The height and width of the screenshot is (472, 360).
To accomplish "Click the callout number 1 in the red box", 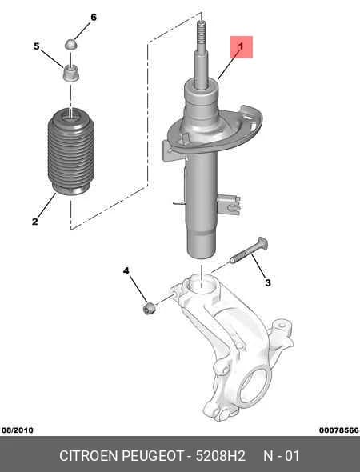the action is (x=241, y=46).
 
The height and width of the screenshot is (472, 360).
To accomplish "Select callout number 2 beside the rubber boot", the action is (x=35, y=222).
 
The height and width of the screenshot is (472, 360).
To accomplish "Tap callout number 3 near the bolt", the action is (x=267, y=282).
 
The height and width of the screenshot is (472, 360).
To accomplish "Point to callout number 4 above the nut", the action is (x=126, y=271).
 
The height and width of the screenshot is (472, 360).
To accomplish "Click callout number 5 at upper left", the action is (x=37, y=46).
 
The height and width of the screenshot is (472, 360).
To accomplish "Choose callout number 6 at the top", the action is (x=94, y=18).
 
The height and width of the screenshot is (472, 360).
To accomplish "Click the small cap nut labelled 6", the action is (x=71, y=45).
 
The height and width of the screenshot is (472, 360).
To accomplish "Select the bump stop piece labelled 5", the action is (x=71, y=73).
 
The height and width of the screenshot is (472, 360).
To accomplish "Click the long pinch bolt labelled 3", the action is (x=249, y=250).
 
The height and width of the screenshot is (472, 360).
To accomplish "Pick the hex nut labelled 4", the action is (x=149, y=308).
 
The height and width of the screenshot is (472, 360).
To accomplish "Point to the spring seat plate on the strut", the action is (x=214, y=131).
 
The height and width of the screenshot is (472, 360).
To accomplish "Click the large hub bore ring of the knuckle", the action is (x=254, y=386).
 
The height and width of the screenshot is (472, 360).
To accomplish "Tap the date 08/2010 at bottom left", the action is (x=17, y=430).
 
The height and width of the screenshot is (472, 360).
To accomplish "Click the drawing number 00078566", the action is (x=339, y=430).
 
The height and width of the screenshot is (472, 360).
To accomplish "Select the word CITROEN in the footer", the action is (x=89, y=456).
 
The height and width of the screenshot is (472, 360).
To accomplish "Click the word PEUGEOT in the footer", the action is (x=153, y=456).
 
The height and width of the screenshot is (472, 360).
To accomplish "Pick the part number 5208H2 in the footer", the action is (x=221, y=456).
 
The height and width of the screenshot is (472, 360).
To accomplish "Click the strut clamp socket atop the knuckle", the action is (x=201, y=286).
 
